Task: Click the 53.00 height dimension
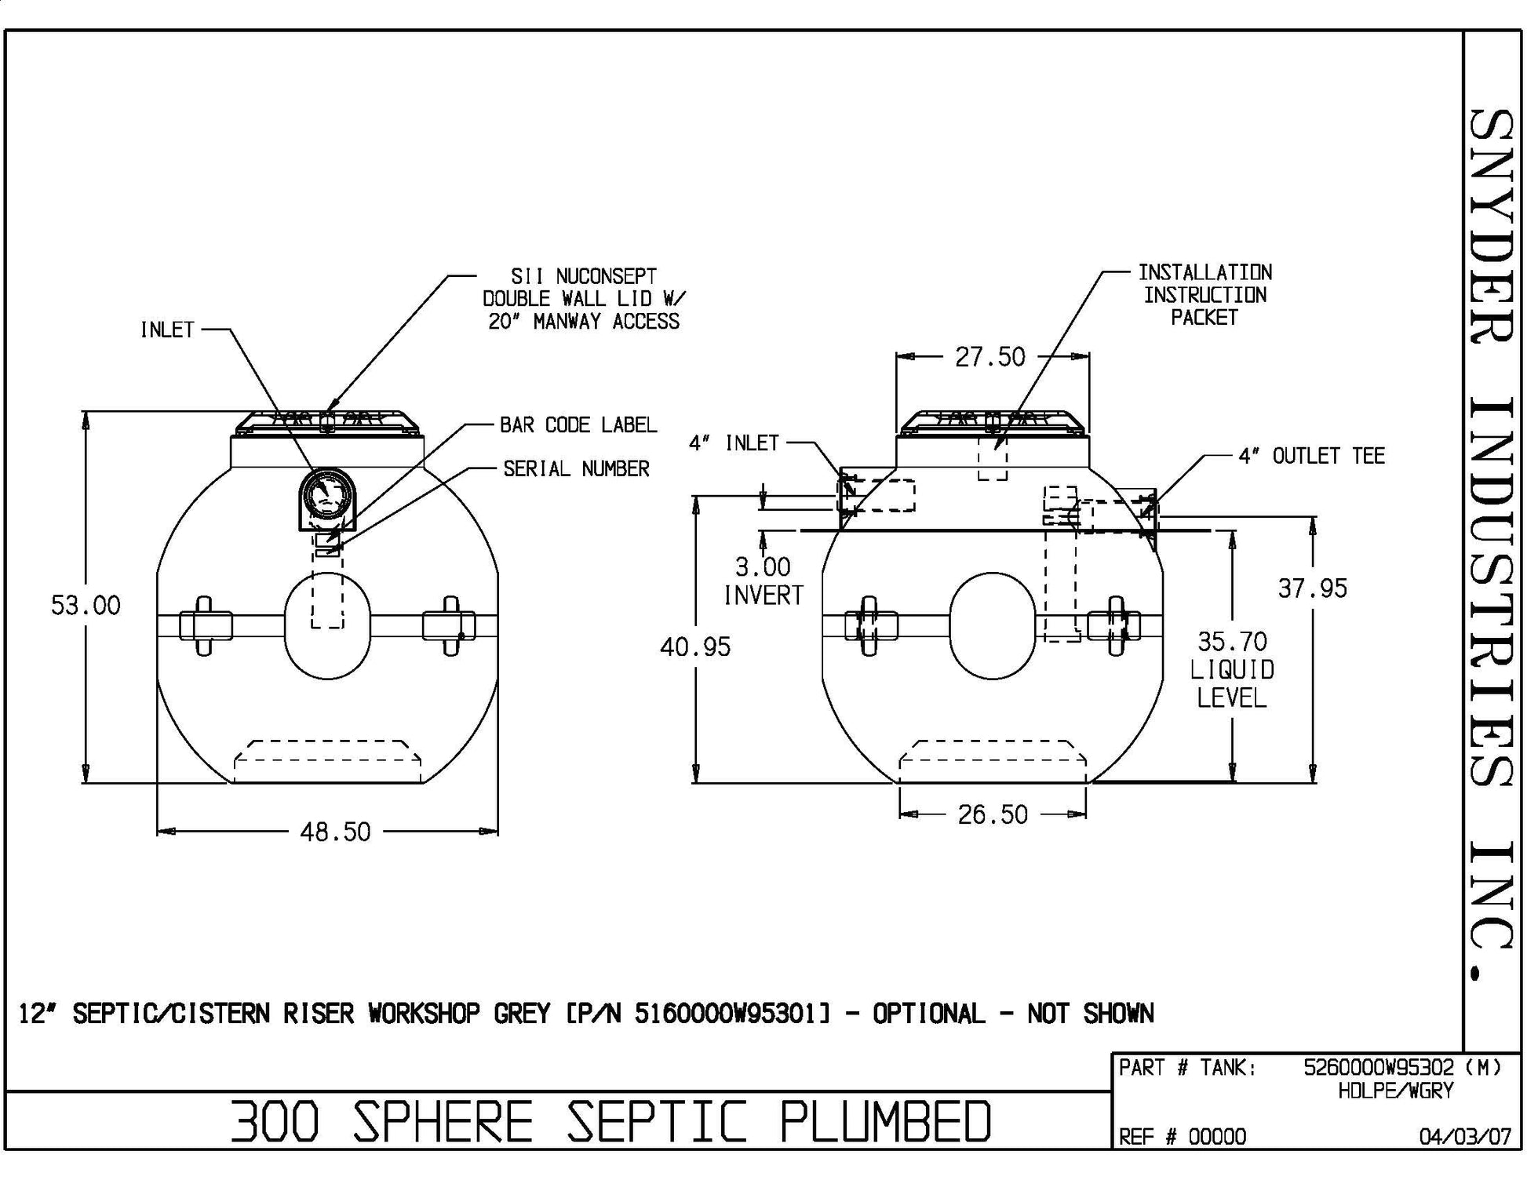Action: pyautogui.click(x=86, y=606)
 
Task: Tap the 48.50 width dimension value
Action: pyautogui.click(x=335, y=832)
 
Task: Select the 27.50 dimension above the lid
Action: pyautogui.click(x=990, y=358)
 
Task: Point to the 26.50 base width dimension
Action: pyautogui.click(x=993, y=815)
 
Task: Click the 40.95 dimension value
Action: pyautogui.click(x=695, y=647)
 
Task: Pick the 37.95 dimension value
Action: pyautogui.click(x=1312, y=588)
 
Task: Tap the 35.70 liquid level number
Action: pyautogui.click(x=1232, y=643)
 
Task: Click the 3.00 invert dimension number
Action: pyautogui.click(x=763, y=567)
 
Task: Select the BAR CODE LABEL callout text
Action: pyautogui.click(x=578, y=425)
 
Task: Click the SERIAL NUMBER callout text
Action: pyautogui.click(x=577, y=469)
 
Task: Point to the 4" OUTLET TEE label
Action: pyautogui.click(x=1311, y=456)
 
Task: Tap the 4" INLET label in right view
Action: pyautogui.click(x=734, y=443)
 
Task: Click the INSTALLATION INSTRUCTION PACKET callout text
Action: pyautogui.click(x=1204, y=295)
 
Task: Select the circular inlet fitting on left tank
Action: pyautogui.click(x=327, y=496)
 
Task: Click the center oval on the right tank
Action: pyautogui.click(x=992, y=625)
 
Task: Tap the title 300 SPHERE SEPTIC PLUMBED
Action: pyautogui.click(x=610, y=1121)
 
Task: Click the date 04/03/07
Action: pyautogui.click(x=1465, y=1137)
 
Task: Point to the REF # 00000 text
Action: pyautogui.click(x=1182, y=1137)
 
